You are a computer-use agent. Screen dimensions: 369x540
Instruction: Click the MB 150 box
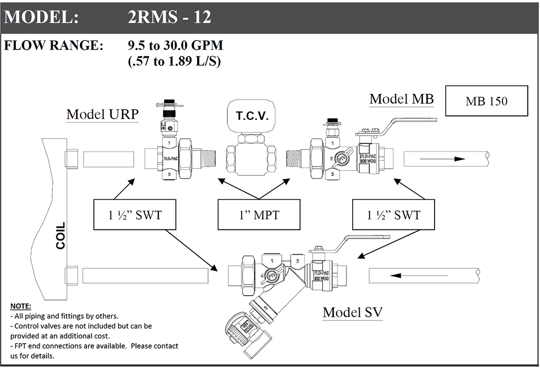[x=486, y=101]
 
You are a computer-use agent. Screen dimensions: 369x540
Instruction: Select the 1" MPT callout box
[x=258, y=215]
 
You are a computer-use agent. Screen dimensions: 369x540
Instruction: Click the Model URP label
[x=102, y=114]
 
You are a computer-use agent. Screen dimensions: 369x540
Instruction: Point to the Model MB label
[x=401, y=99]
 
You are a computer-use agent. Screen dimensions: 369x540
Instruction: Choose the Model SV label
[x=352, y=312]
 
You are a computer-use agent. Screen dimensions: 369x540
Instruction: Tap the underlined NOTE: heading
[x=21, y=306]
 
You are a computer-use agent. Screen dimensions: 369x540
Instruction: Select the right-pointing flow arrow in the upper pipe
[x=446, y=158]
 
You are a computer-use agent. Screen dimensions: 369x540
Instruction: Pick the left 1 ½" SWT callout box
[x=135, y=215]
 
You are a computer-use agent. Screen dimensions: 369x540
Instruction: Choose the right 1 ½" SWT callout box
[x=393, y=215]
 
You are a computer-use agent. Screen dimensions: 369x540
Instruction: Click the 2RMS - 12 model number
[x=169, y=17]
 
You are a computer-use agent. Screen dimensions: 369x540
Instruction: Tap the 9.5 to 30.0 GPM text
[x=176, y=45]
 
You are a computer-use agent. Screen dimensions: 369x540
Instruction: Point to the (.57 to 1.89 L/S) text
[x=174, y=61]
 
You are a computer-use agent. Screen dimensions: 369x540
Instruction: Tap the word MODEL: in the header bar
[x=42, y=17]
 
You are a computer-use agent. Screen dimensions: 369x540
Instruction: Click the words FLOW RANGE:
[x=54, y=45]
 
